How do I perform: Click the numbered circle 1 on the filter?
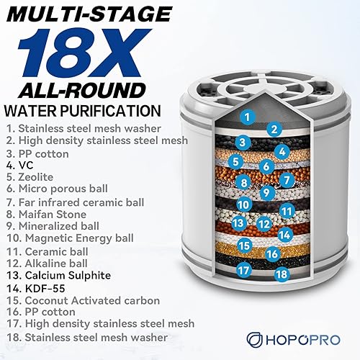click(x=247, y=116)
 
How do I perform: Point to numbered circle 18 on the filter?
click(x=281, y=274)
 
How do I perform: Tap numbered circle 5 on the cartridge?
click(x=236, y=161)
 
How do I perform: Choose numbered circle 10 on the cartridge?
click(x=244, y=204)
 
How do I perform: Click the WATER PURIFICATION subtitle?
click(x=81, y=110)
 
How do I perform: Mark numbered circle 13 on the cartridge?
click(x=239, y=223)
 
